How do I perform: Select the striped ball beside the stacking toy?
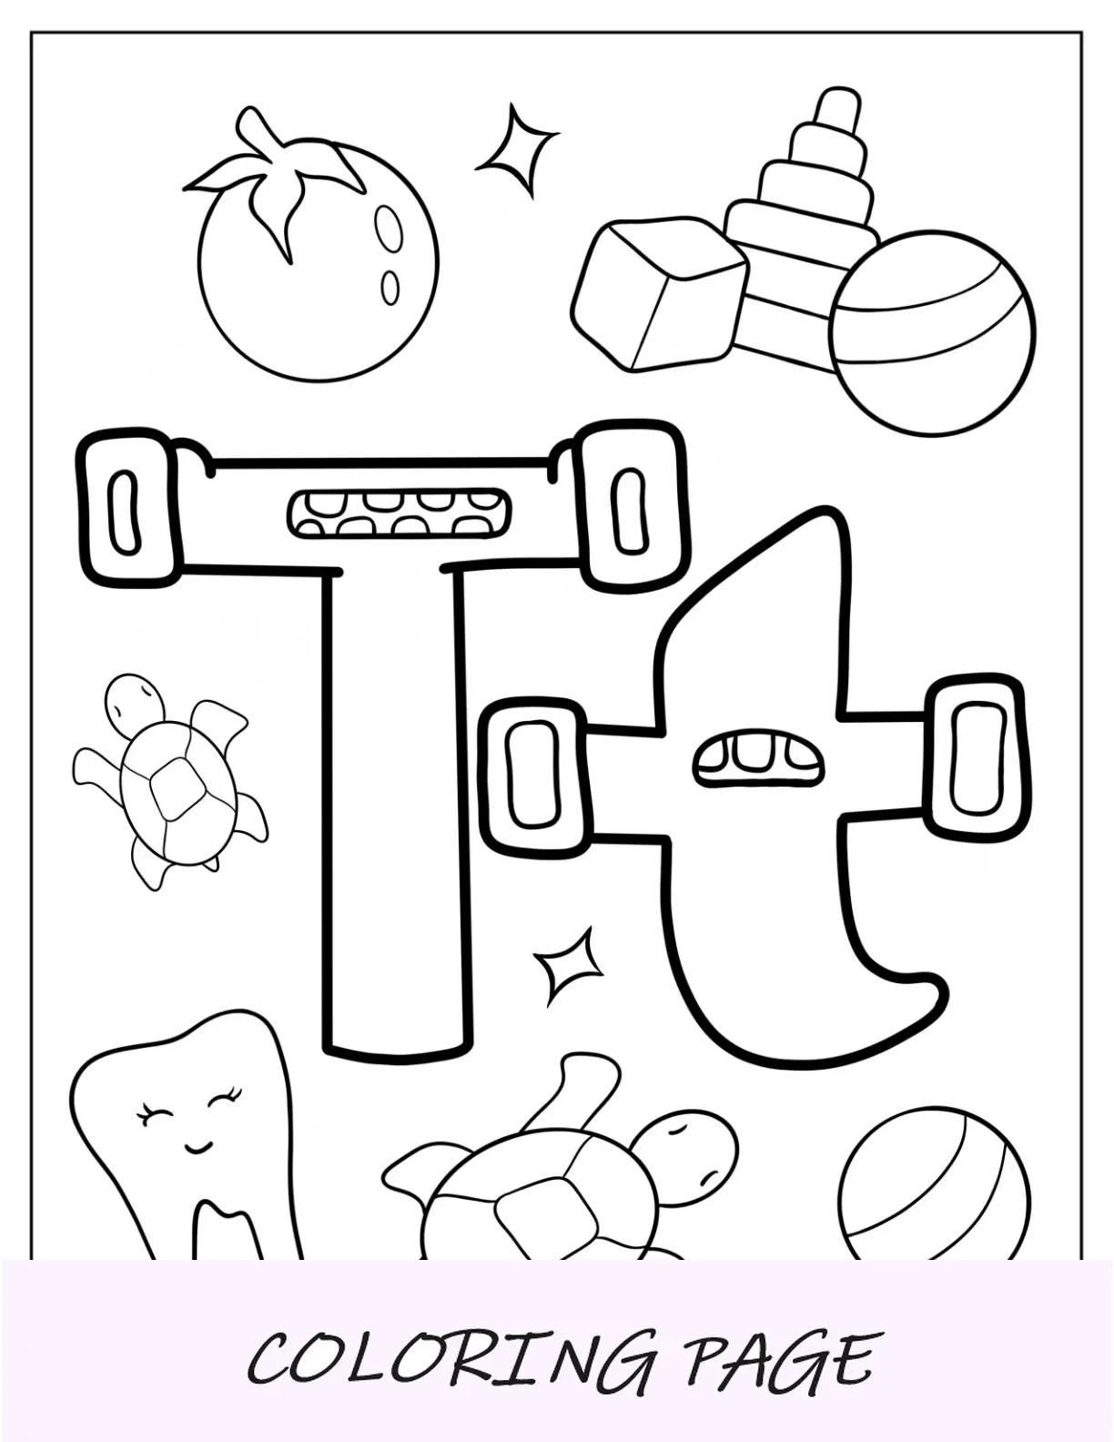(x=932, y=334)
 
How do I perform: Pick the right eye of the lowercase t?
(x=977, y=763)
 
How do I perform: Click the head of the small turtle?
(x=135, y=703)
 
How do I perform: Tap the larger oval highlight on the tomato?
(x=387, y=227)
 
